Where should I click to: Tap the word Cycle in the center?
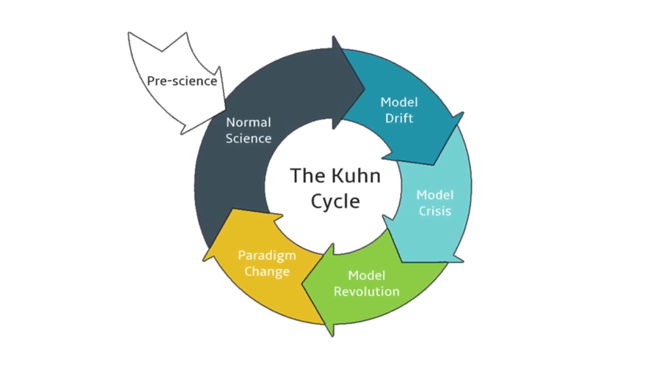click(x=335, y=202)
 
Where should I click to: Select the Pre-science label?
click(x=182, y=81)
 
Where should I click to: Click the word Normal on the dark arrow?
click(x=249, y=122)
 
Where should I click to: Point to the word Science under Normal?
click(x=249, y=139)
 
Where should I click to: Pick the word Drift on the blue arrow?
click(x=399, y=119)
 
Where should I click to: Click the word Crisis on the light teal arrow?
click(x=435, y=211)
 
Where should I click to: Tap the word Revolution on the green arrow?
click(x=367, y=291)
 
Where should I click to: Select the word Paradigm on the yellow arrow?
click(x=267, y=256)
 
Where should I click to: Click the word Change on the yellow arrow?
click(x=267, y=272)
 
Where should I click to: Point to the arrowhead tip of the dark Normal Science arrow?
click(x=365, y=88)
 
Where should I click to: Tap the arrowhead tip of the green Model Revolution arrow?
click(x=302, y=285)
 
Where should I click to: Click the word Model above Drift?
click(x=399, y=103)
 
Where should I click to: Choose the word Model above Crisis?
click(x=435, y=195)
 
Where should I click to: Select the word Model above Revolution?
click(x=367, y=275)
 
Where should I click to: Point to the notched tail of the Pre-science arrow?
click(x=161, y=51)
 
